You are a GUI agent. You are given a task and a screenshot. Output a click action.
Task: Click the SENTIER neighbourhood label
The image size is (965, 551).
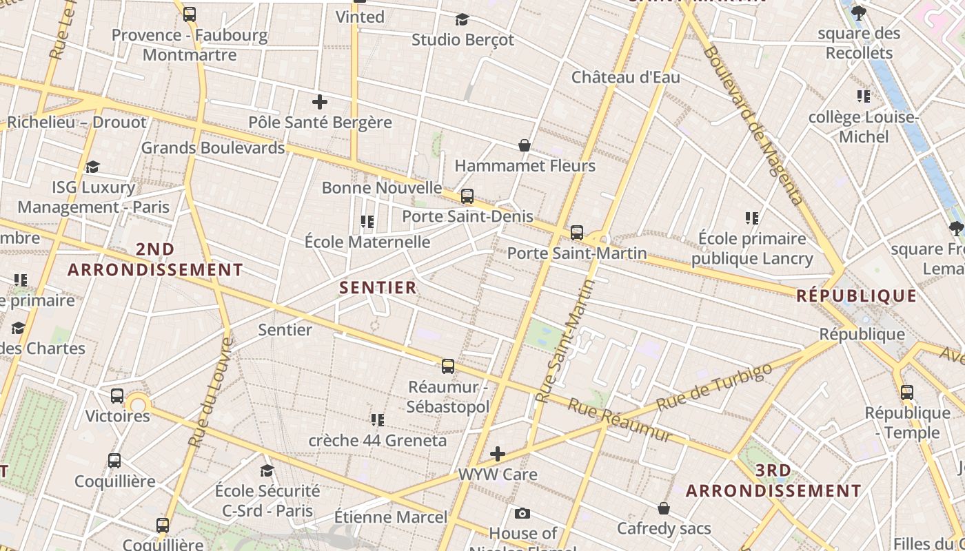tap(378, 287)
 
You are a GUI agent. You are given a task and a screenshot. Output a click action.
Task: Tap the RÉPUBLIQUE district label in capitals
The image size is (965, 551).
tap(857, 296)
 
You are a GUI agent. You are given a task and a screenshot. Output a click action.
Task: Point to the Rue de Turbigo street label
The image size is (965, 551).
tap(714, 386)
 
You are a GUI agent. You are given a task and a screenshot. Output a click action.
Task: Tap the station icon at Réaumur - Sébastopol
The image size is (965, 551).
tap(448, 366)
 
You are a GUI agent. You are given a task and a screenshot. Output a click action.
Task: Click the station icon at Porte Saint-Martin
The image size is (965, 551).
tap(577, 233)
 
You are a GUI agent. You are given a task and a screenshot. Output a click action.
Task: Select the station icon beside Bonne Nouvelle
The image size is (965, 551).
tap(467, 196)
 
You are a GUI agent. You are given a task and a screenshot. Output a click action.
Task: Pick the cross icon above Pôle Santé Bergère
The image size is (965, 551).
tap(320, 103)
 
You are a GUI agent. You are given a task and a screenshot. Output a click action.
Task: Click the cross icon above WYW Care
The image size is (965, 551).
tap(498, 454)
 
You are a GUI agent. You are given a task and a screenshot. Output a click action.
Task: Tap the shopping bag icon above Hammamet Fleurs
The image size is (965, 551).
tap(525, 145)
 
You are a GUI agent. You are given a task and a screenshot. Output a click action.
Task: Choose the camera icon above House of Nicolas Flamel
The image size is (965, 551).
tap(522, 513)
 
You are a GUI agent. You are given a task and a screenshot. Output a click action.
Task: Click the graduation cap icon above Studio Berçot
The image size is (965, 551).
tap(462, 19)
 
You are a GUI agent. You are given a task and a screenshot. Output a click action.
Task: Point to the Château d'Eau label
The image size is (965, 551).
tap(625, 76)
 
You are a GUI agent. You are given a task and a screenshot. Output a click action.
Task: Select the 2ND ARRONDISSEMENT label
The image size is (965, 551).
tap(155, 259)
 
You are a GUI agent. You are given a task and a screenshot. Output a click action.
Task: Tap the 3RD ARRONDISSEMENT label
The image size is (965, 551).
tap(773, 481)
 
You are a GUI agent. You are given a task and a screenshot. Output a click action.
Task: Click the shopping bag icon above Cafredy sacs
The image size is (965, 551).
tap(663, 508)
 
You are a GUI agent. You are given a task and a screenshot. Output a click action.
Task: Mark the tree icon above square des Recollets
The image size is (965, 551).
tap(859, 12)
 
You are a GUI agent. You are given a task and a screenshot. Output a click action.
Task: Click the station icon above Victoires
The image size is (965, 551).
tap(117, 396)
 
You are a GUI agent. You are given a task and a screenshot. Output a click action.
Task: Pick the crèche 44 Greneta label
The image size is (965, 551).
tap(378, 440)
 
